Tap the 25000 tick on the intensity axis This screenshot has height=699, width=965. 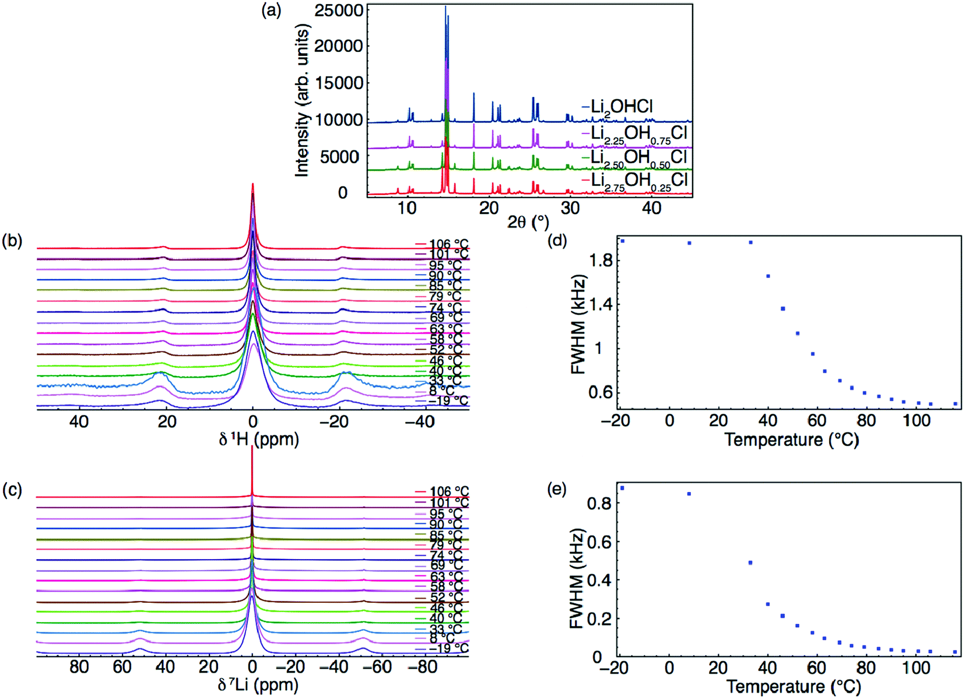click(x=339, y=10)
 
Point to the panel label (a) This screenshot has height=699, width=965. click(x=271, y=10)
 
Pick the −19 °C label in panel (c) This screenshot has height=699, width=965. click(x=448, y=648)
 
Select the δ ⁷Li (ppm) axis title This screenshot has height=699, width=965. click(x=258, y=684)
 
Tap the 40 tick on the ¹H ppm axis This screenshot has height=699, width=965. click(x=79, y=421)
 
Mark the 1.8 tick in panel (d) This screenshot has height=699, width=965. click(x=601, y=261)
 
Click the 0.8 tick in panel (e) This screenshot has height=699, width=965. click(x=601, y=503)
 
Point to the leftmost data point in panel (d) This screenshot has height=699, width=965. click(x=623, y=241)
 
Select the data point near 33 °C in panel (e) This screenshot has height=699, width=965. click(x=750, y=563)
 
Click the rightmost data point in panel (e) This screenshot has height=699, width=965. click(x=955, y=652)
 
